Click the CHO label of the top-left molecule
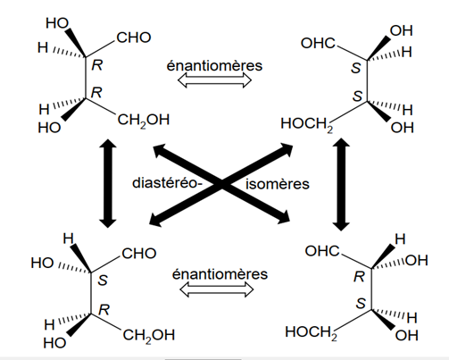coord(134,38)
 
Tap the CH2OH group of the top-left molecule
coord(144,121)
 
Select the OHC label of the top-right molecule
coord(318,43)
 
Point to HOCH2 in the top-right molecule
coord(307,124)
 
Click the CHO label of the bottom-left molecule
coord(139,254)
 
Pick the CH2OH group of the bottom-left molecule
coord(149,336)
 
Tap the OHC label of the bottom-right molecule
coord(322,251)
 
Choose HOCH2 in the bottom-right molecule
coord(312,332)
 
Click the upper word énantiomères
coord(214,65)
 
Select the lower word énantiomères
coord(220,274)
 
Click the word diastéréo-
coord(167,183)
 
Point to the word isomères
coord(278,184)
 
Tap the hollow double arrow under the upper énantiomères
coord(214,80)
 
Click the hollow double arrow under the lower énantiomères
coord(217,289)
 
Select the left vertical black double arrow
coord(108,183)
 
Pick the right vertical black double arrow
coord(341,184)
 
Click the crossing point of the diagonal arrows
coord(221,184)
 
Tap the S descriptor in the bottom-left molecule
coord(103,280)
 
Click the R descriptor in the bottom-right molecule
coord(359,277)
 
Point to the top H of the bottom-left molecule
coord(69,239)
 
